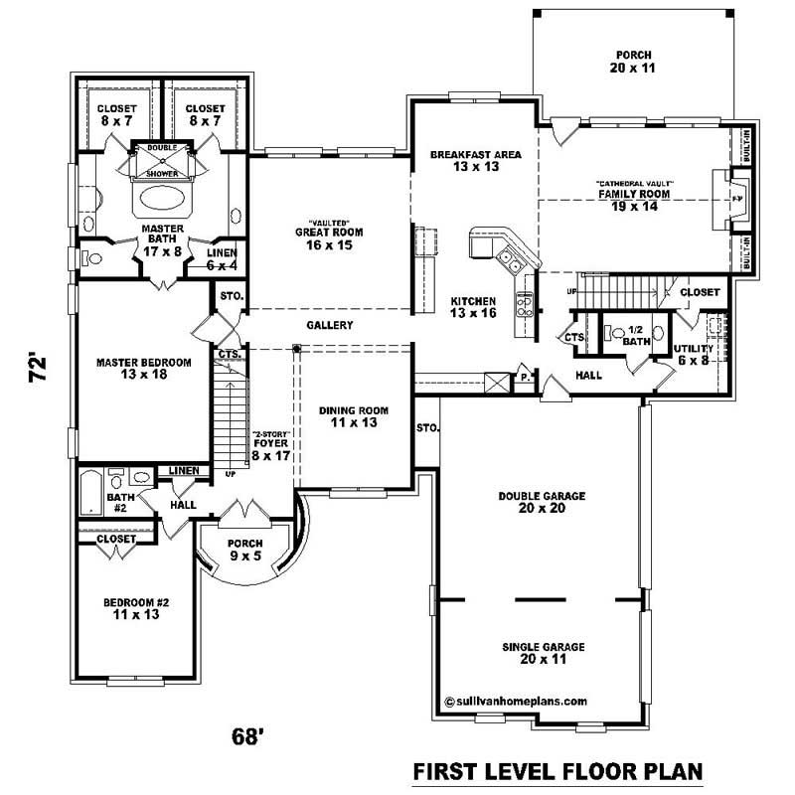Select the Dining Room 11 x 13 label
click(x=353, y=416)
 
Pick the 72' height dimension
click(x=37, y=372)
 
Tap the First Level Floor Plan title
click(x=557, y=771)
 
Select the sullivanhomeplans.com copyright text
click(x=516, y=700)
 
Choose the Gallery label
click(x=329, y=325)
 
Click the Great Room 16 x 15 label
click(x=329, y=238)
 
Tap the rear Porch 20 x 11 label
click(x=633, y=62)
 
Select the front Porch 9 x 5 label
click(x=244, y=549)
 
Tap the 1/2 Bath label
click(x=633, y=336)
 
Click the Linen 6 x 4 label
click(x=221, y=259)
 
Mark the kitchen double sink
click(x=508, y=261)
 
